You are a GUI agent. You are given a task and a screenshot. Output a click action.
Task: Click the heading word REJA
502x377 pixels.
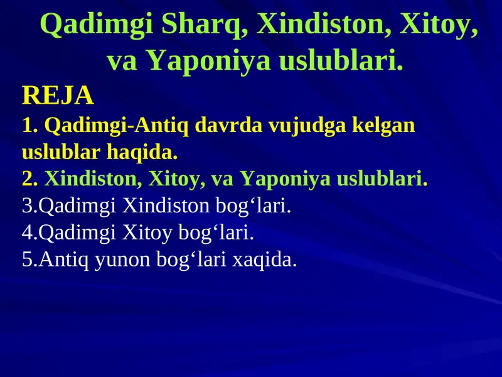pos(58,96)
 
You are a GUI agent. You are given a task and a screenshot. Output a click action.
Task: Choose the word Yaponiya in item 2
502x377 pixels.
pos(284,179)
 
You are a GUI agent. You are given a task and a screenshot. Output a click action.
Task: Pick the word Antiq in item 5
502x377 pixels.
pos(65,260)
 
